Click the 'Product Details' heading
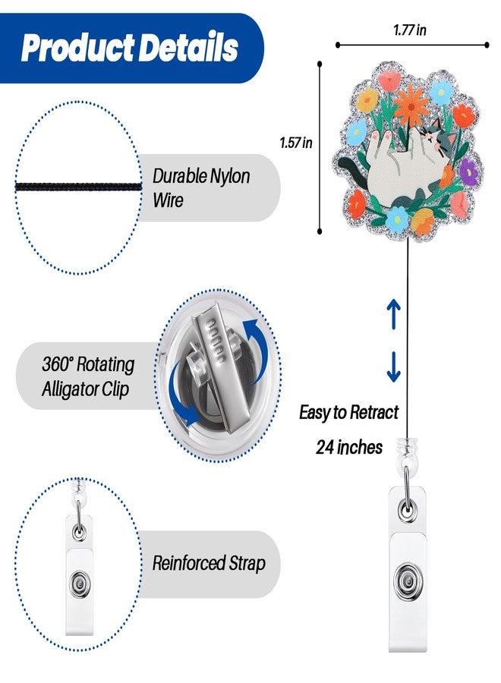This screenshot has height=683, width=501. click(129, 47)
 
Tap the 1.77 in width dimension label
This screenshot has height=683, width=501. click(409, 30)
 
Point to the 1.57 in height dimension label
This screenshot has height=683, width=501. click(296, 143)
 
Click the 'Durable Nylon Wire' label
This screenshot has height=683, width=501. click(201, 188)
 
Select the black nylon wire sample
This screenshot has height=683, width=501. click(79, 187)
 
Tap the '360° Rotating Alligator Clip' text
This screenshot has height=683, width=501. click(87, 376)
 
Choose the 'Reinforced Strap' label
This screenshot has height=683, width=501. click(209, 563)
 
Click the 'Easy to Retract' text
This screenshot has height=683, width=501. click(348, 412)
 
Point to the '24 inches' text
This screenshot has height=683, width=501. click(349, 447)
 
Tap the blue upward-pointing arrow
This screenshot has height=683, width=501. click(393, 313)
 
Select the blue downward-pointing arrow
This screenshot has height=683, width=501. click(393, 367)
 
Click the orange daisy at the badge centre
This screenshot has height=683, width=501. click(411, 105)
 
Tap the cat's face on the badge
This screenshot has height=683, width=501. click(437, 140)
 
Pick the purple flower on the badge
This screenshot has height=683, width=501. click(468, 172)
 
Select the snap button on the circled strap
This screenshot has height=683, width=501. click(80, 582)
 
